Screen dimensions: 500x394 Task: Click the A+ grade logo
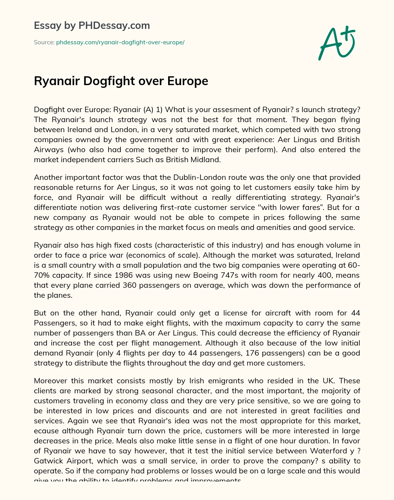(337, 43)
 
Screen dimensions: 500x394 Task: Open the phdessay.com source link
(120, 42)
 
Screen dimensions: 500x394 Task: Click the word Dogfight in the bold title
(103, 81)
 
